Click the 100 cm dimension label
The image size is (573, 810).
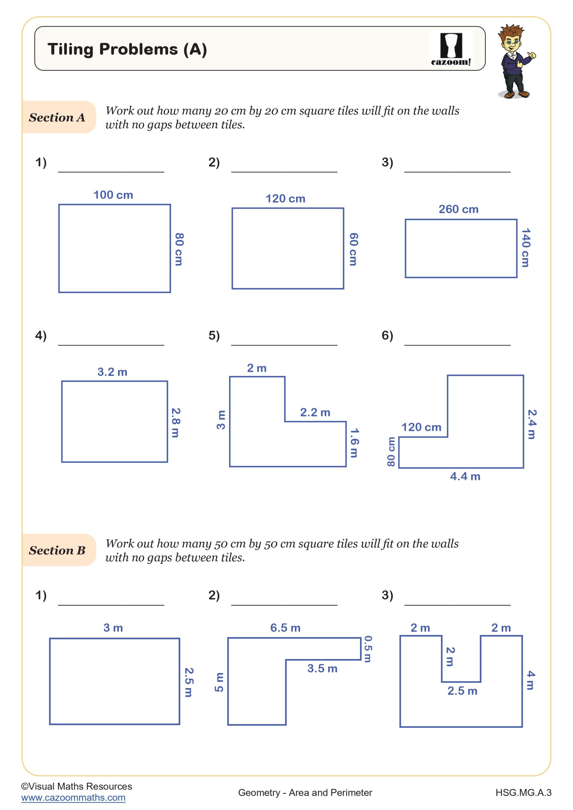[113, 195]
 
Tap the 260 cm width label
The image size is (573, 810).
[458, 209]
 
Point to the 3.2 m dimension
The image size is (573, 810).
[112, 372]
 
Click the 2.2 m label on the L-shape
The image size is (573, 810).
[315, 412]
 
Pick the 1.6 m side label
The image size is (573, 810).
[354, 443]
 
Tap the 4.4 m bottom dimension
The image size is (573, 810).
[465, 476]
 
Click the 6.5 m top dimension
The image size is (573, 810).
[285, 628]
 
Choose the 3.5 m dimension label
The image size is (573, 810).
[322, 668]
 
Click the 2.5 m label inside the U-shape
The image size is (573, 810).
[462, 690]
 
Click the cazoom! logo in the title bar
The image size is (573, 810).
[451, 49]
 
